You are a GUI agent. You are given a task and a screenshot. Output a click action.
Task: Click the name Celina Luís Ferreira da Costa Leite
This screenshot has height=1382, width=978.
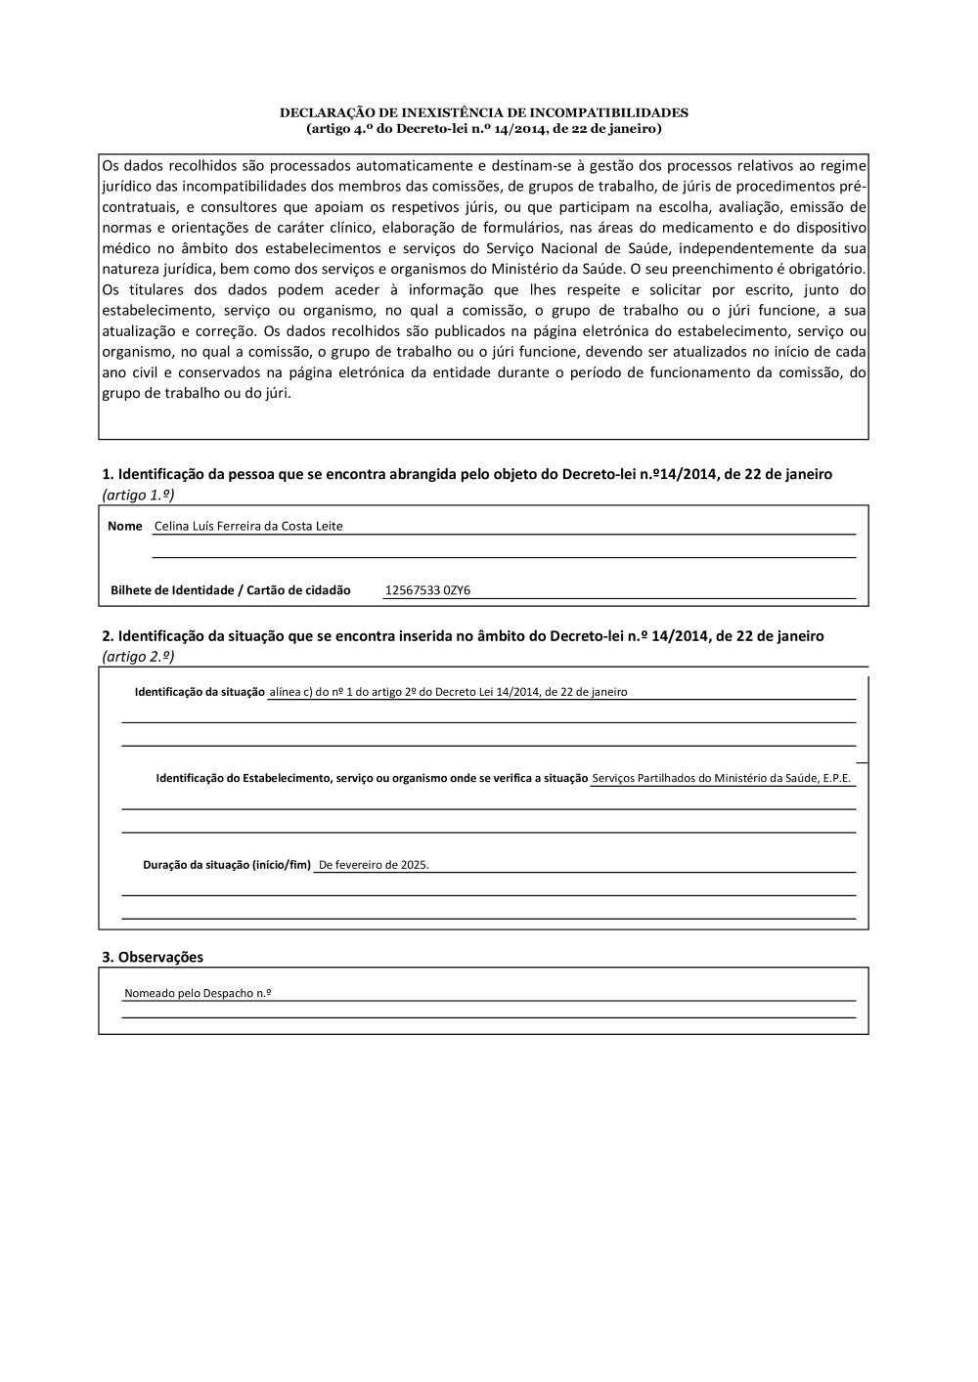(x=248, y=526)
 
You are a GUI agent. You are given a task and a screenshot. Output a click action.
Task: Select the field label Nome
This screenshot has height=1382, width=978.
(x=125, y=526)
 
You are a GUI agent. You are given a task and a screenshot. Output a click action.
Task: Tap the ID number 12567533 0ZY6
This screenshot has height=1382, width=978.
(x=427, y=590)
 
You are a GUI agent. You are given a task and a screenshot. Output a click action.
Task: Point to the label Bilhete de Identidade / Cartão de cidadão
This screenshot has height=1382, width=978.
(x=230, y=590)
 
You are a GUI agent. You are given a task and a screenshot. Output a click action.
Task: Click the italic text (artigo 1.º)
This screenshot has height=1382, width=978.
(x=138, y=495)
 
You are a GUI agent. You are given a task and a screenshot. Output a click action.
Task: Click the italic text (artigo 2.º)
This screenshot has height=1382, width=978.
(x=138, y=656)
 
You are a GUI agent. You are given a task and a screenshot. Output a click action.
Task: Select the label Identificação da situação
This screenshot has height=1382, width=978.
(x=200, y=692)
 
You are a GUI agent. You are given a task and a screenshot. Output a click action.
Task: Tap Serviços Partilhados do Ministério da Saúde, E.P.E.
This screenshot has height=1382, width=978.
(x=722, y=778)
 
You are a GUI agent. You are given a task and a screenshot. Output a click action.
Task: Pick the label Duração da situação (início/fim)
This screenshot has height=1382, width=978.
(x=227, y=865)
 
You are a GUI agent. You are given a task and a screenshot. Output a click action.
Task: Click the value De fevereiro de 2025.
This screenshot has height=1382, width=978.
(x=374, y=865)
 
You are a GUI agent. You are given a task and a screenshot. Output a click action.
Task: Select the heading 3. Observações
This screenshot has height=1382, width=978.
(x=153, y=957)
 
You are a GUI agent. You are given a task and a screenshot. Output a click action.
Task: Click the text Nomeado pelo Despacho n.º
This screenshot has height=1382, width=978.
(x=198, y=993)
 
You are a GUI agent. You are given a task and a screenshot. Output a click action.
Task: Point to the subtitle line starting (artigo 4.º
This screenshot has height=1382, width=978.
(x=483, y=128)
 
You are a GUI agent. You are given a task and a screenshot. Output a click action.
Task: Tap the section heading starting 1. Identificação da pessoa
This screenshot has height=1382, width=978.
(x=467, y=474)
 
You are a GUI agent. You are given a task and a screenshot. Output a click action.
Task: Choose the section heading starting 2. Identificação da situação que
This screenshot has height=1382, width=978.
(x=463, y=635)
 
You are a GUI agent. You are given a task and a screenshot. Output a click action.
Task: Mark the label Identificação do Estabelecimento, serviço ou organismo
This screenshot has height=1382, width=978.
(x=372, y=778)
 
